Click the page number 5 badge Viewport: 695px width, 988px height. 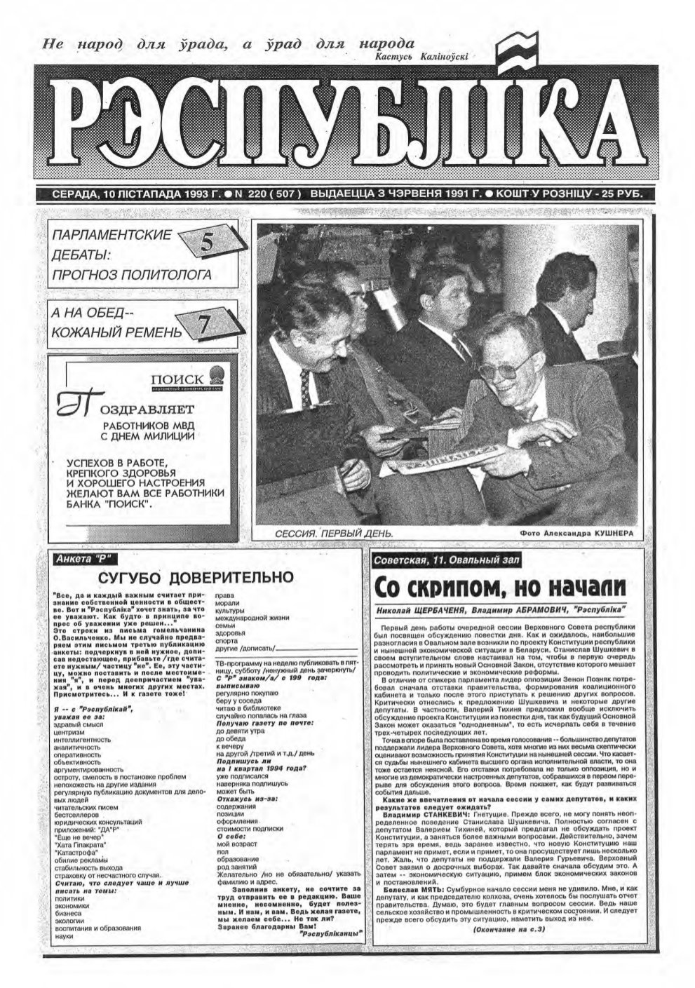point(208,243)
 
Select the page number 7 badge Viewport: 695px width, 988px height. point(203,323)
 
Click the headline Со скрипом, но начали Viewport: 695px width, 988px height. point(499,586)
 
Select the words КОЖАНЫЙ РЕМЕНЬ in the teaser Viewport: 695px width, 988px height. point(116,332)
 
